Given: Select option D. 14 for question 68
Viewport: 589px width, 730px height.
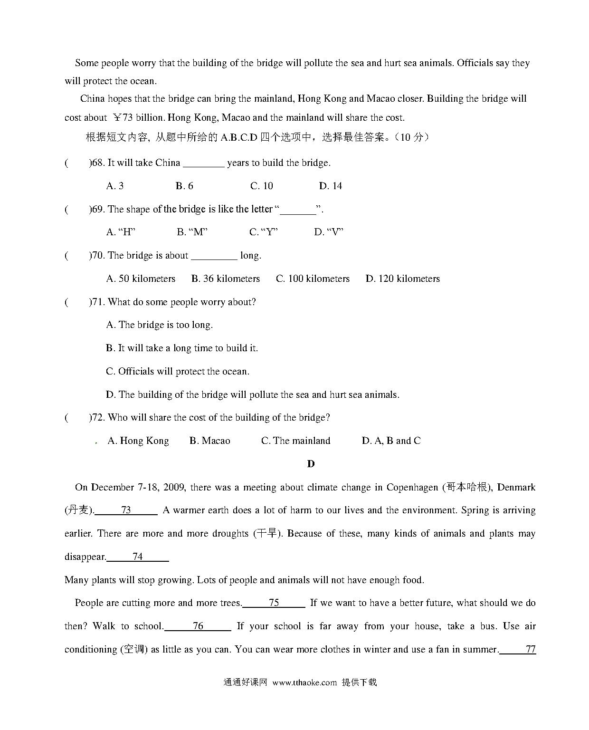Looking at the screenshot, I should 331,186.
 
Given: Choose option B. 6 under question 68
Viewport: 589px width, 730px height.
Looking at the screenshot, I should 184,186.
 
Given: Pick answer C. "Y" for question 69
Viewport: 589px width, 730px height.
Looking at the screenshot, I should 264,232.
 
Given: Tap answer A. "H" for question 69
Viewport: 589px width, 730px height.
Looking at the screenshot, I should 121,232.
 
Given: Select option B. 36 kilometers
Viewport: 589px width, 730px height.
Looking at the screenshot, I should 226,279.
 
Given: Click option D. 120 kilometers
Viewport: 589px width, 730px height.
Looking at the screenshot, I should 403,279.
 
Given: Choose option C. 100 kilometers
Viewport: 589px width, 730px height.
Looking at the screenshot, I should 313,279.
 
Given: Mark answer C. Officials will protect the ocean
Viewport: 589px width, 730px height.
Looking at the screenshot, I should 178,371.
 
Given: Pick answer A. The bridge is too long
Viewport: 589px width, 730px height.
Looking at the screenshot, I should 160,325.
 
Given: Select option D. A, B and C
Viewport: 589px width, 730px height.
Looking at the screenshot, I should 391,441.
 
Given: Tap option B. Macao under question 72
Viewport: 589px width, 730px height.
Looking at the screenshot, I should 209,441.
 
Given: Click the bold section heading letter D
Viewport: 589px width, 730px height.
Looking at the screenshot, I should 311,464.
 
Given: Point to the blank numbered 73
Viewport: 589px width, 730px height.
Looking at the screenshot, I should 126,510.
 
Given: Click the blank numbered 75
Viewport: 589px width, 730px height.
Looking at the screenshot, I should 274,603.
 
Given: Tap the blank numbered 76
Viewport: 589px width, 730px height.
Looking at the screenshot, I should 198,626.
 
